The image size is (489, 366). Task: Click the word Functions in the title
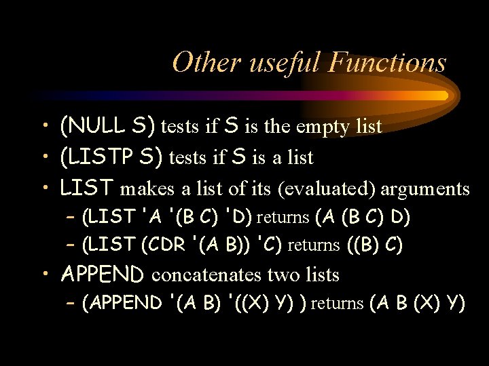coord(387,62)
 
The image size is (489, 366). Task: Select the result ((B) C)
coord(374,245)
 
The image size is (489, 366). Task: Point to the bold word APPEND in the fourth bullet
coord(102,274)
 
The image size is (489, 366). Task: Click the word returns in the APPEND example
coord(337,303)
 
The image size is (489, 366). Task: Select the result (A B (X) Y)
coord(418,303)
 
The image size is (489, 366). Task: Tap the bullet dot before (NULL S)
coord(43,125)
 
